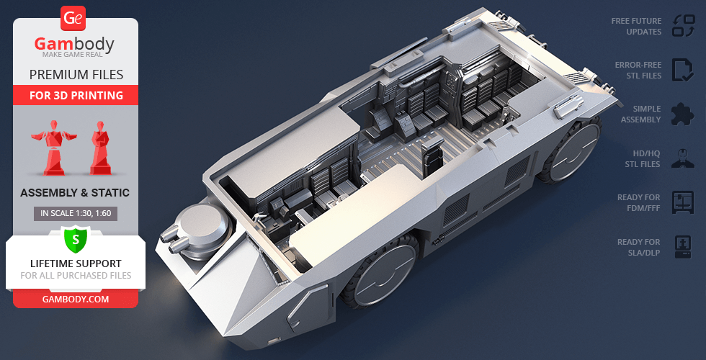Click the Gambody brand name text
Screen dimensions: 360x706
click(75, 45)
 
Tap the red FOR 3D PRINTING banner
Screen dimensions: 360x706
click(76, 95)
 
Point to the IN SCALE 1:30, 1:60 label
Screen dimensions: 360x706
click(76, 213)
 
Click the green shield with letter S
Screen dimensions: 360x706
click(75, 238)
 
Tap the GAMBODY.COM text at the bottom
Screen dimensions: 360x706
click(76, 299)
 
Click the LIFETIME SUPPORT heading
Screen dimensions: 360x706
click(76, 264)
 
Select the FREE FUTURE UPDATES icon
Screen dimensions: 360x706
click(682, 26)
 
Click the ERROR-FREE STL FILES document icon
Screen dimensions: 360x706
click(682, 70)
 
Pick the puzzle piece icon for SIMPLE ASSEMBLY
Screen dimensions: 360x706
click(682, 114)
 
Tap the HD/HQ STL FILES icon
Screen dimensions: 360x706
click(682, 158)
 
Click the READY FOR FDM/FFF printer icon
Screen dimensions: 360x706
click(682, 202)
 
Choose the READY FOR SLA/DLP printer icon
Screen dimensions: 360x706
click(682, 247)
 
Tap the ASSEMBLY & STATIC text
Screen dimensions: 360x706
click(75, 193)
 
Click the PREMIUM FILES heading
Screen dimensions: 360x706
click(76, 74)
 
